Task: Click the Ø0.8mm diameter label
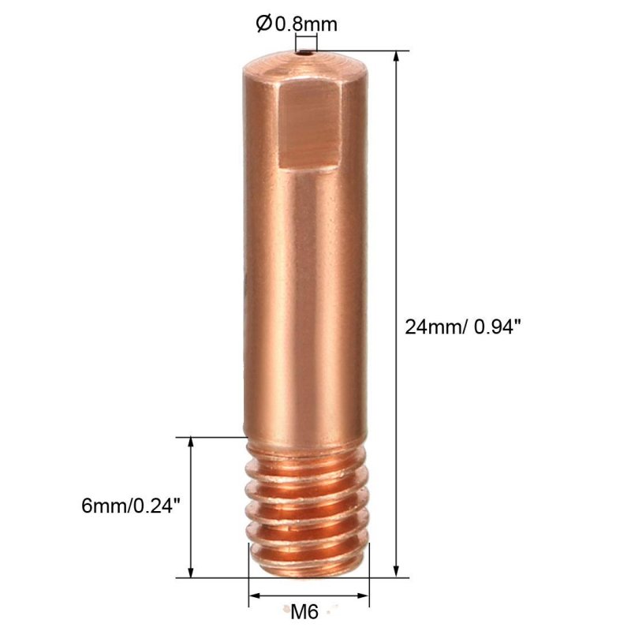297,24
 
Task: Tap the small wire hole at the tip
307,52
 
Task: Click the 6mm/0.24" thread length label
130,506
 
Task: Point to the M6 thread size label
304,612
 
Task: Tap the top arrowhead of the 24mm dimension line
397,56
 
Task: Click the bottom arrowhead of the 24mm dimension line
397,572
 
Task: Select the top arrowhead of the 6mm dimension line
191,442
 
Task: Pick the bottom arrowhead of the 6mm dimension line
191,572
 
